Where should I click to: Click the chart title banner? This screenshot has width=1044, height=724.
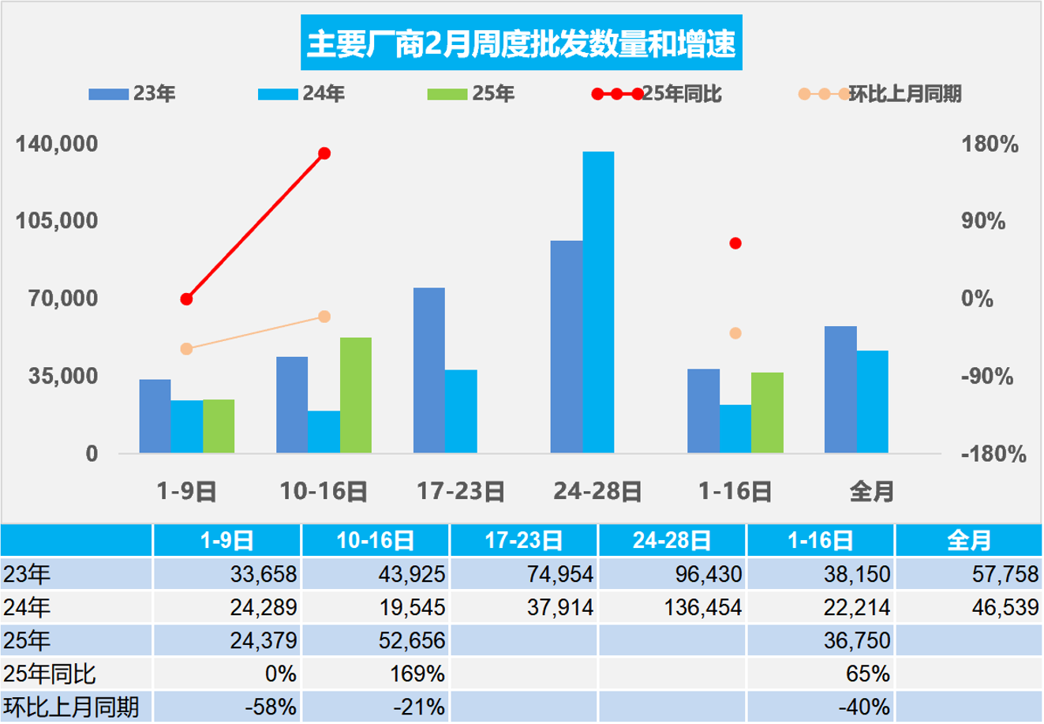521,43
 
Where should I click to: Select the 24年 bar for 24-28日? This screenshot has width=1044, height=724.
598,302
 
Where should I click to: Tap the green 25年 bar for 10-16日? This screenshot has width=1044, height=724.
356,395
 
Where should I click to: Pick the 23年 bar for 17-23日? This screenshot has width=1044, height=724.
429,370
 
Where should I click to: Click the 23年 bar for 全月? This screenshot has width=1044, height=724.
840,388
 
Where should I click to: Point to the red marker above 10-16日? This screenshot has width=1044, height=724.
324,153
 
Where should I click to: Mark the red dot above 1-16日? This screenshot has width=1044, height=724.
735,243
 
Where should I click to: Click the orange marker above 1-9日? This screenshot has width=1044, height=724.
186,349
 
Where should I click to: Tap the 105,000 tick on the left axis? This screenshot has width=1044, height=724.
58,221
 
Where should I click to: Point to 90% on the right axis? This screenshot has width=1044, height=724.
983,221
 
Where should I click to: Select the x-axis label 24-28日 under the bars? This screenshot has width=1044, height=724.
597,492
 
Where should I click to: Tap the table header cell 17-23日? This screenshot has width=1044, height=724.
524,541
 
